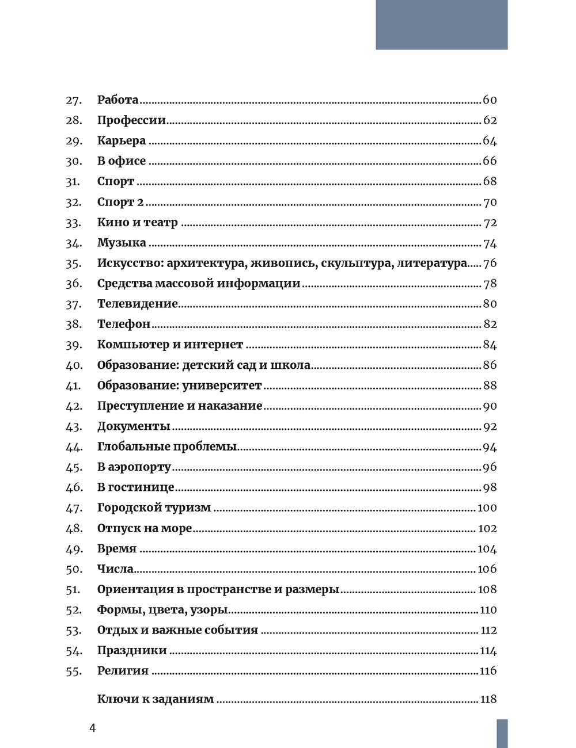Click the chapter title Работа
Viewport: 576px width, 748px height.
point(118,100)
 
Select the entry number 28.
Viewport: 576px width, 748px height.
point(74,121)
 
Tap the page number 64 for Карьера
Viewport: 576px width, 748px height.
point(490,141)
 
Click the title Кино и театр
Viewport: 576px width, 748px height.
point(138,223)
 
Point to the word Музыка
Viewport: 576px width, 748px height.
point(122,243)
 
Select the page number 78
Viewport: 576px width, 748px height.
point(490,284)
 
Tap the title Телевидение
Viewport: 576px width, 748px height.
point(138,304)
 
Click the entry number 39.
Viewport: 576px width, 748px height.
point(74,345)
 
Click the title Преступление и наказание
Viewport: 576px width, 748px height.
point(180,406)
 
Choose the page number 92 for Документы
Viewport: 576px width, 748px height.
point(490,427)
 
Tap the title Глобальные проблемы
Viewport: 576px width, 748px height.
point(167,447)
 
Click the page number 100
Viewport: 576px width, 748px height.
point(487,508)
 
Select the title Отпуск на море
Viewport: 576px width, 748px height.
point(145,528)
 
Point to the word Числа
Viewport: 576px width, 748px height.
point(115,569)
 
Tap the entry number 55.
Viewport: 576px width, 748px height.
point(74,671)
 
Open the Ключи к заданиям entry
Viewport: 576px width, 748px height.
point(156,699)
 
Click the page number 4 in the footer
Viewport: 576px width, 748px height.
point(92,728)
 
